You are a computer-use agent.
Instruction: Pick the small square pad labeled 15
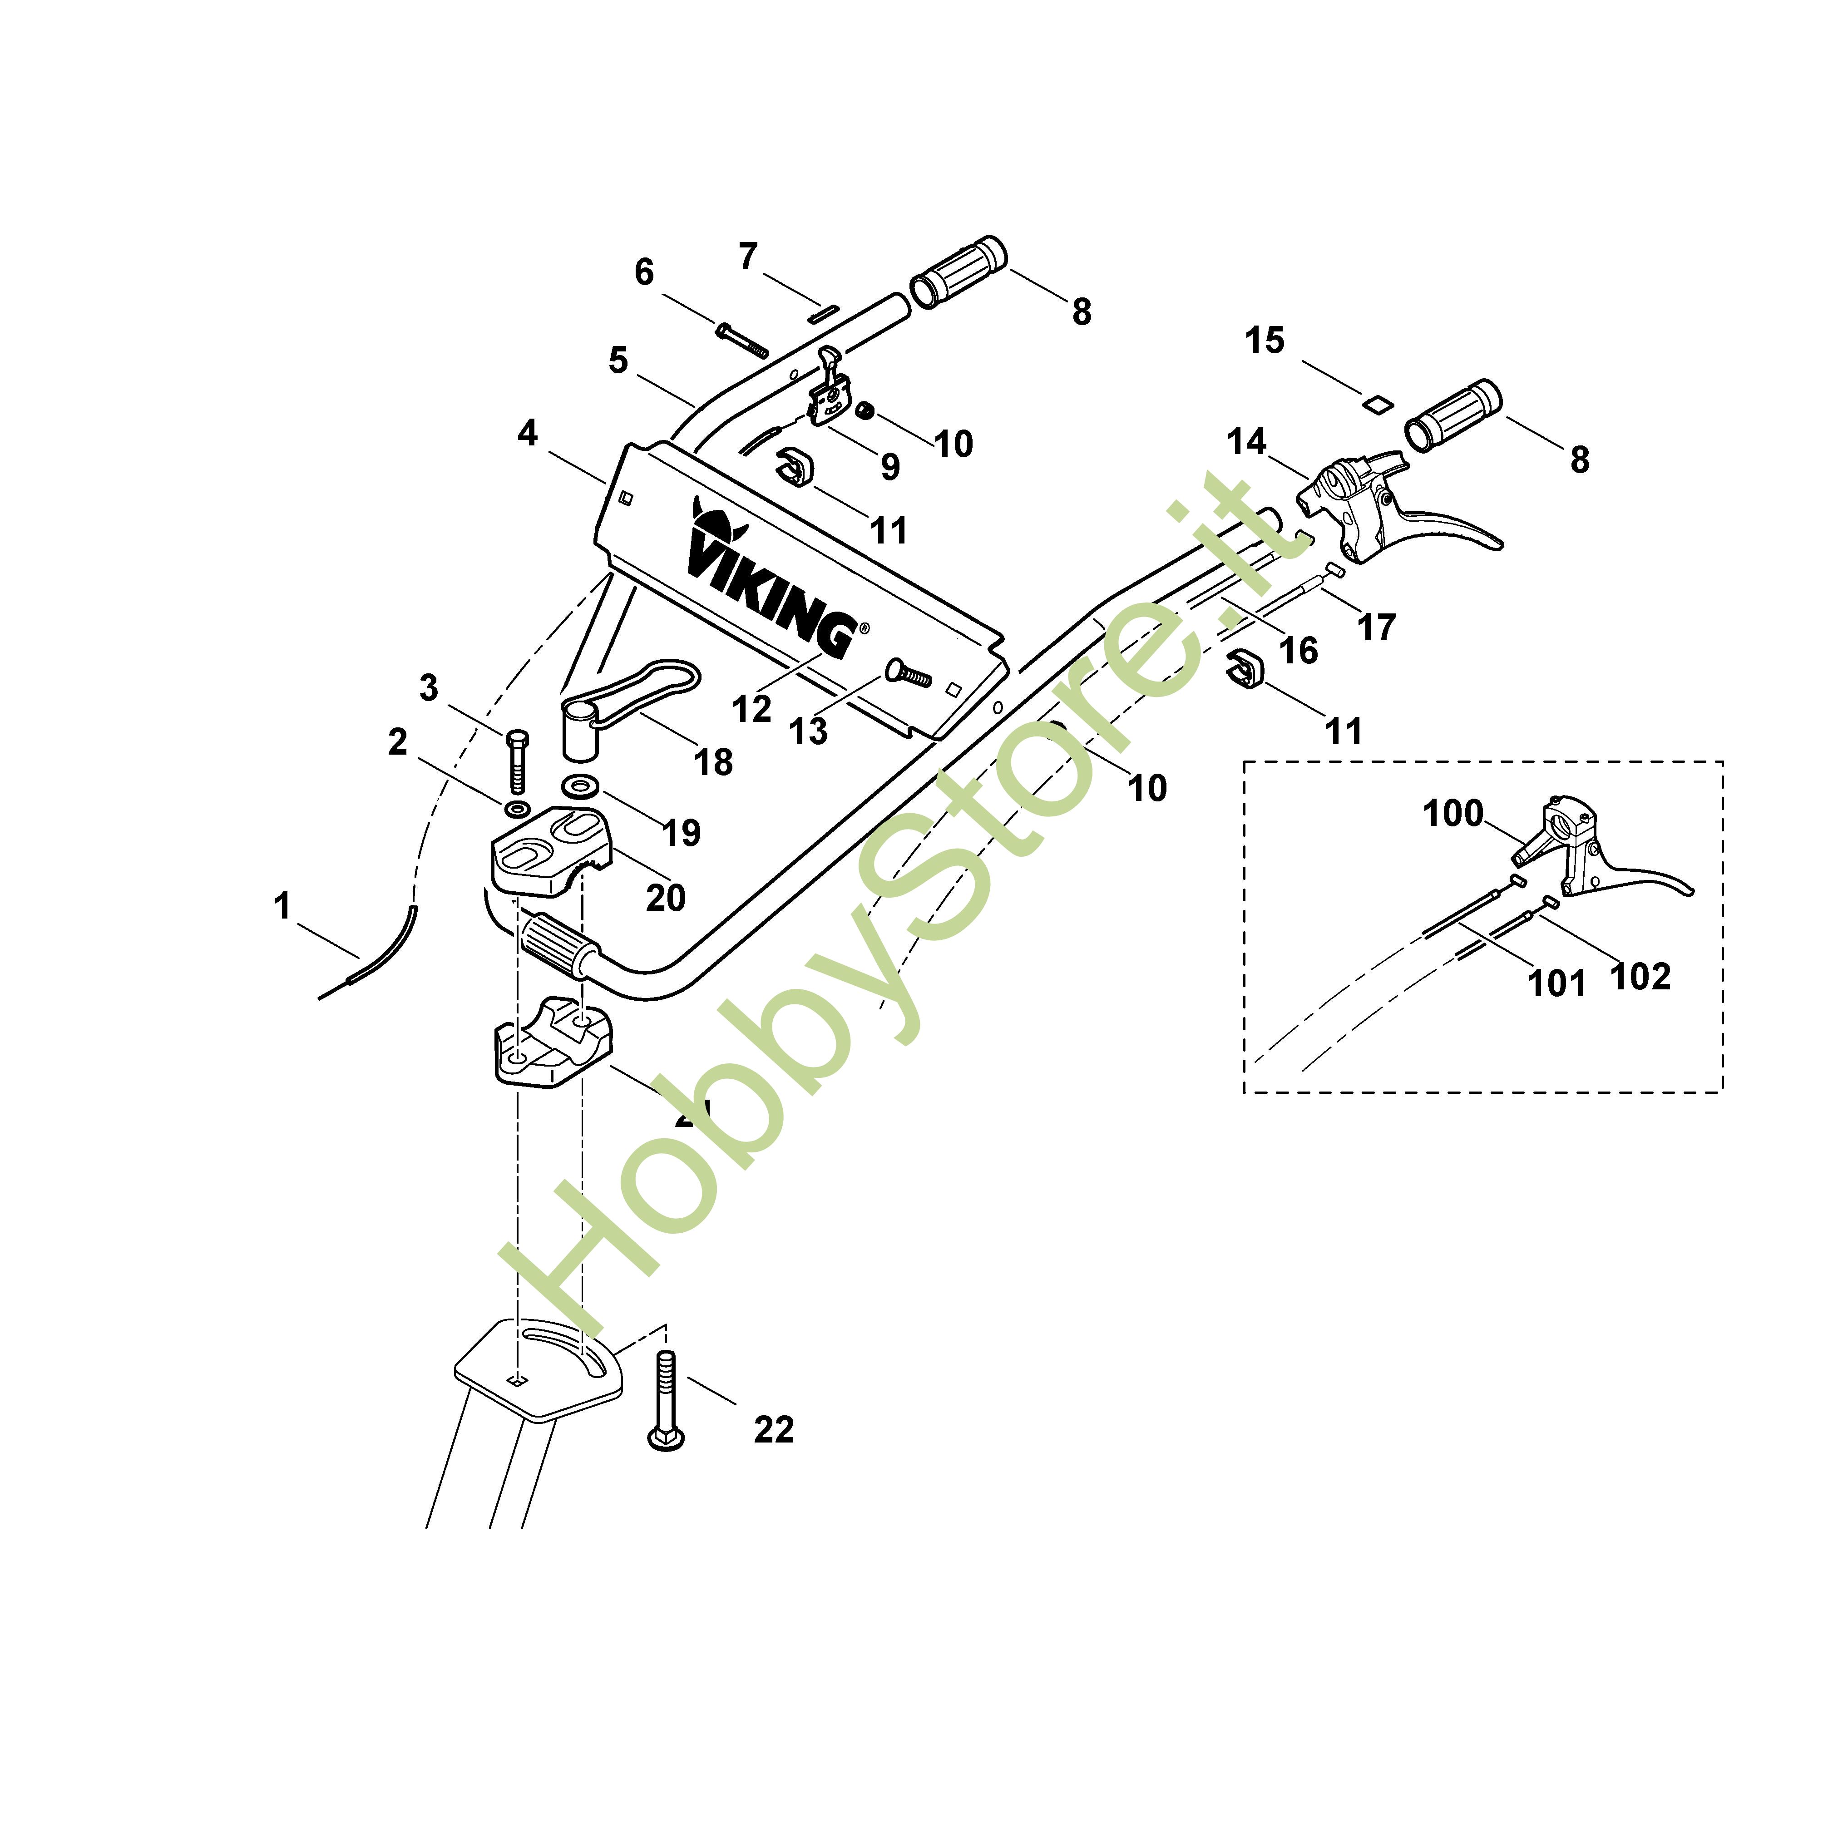[1377, 402]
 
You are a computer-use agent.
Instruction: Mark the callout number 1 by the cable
[282, 906]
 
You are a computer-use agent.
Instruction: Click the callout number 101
[1556, 983]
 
